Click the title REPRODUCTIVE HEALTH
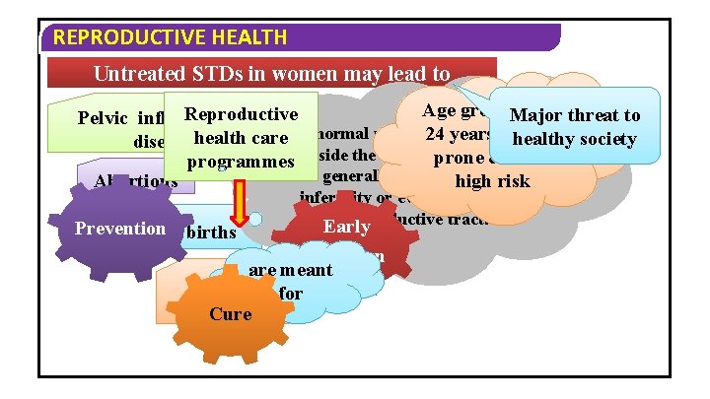[170, 38]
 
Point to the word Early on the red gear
[347, 227]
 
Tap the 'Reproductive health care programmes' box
[241, 137]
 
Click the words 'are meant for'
[291, 281]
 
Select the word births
[209, 233]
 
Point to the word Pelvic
[104, 119]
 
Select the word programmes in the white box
[241, 161]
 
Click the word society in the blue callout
[603, 139]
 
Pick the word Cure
[231, 314]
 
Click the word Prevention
[120, 228]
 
